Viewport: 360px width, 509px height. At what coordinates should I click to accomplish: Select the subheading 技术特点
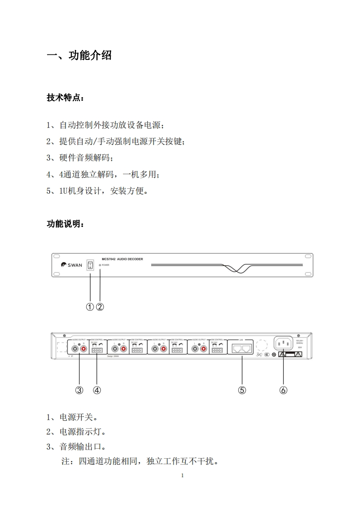(65, 98)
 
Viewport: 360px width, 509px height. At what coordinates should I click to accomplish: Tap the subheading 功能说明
(65, 224)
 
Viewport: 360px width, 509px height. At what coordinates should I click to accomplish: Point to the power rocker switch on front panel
(90, 264)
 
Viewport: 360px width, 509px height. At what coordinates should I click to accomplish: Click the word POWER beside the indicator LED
(105, 265)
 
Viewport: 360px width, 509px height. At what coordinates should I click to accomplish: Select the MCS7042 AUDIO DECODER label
(123, 259)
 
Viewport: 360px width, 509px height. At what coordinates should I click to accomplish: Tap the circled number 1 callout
(90, 307)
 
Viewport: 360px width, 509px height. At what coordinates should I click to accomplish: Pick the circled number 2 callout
(100, 307)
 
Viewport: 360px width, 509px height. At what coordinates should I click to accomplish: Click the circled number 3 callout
(79, 390)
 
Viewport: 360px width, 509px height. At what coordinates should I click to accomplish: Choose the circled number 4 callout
(97, 390)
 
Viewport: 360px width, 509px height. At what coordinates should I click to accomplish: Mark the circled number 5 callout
(242, 390)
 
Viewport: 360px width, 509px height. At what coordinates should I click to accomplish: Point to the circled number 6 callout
(283, 390)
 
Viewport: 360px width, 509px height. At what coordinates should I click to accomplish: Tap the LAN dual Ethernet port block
(242, 348)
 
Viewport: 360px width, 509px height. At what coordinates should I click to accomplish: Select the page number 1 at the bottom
(182, 475)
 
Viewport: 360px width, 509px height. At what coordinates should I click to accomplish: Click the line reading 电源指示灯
(79, 431)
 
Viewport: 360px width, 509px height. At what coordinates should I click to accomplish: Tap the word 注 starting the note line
(65, 462)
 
